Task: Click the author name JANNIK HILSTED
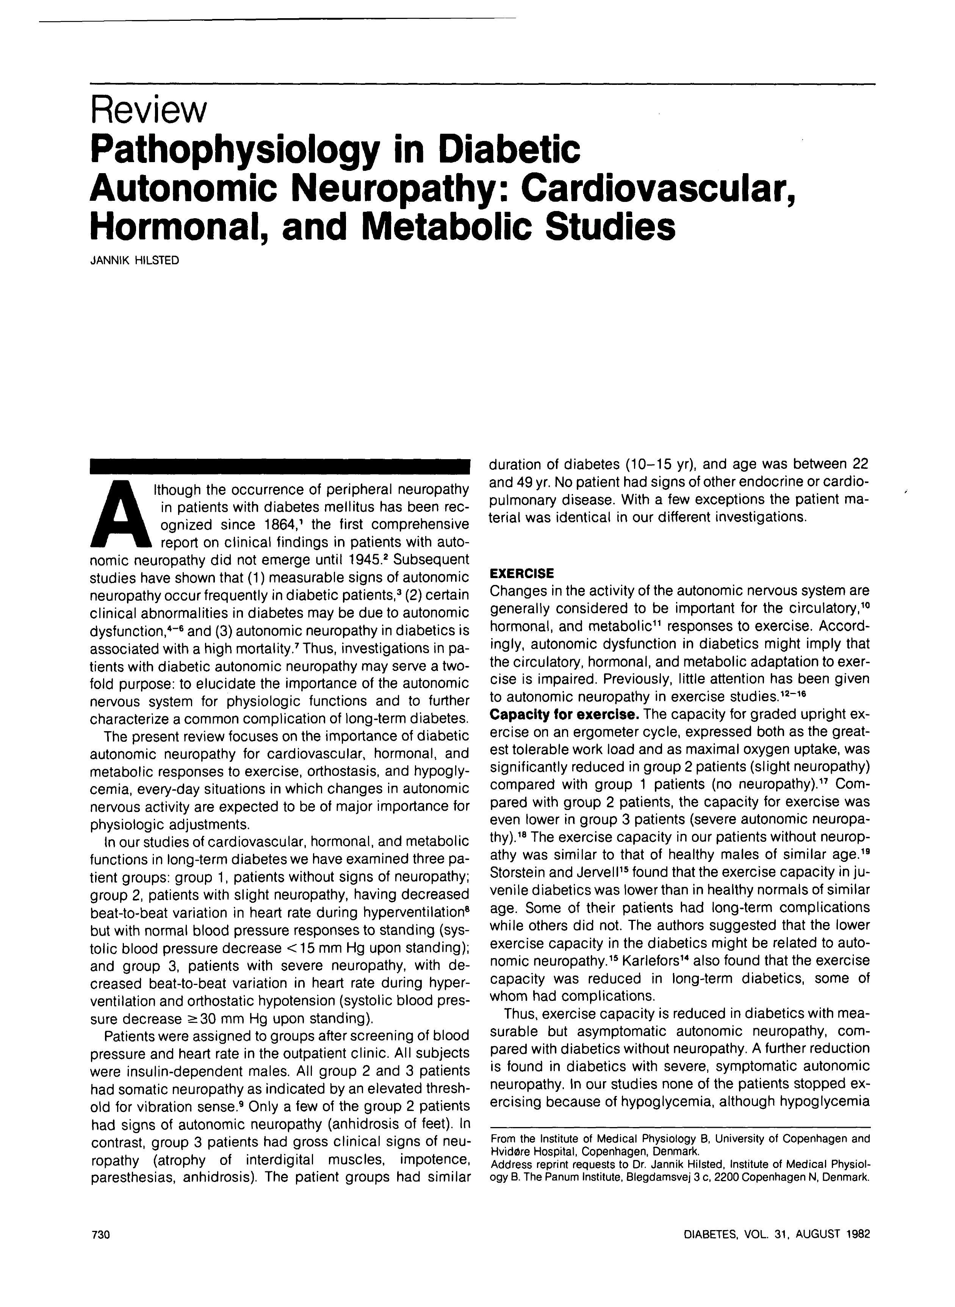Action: [x=135, y=261]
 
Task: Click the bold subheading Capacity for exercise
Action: [x=564, y=714]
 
